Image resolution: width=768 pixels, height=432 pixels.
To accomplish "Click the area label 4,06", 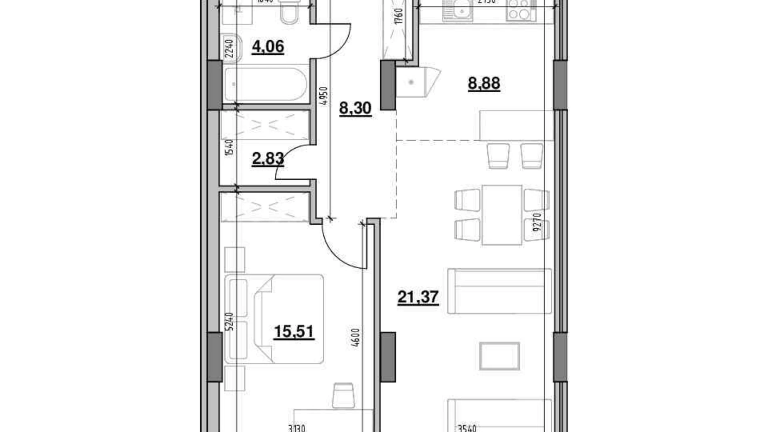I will click(x=268, y=47).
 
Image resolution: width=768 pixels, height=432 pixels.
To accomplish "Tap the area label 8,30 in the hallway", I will click(x=355, y=108).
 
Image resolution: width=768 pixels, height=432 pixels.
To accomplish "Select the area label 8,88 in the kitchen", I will click(x=484, y=83).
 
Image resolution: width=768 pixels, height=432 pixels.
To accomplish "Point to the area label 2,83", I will click(x=268, y=159).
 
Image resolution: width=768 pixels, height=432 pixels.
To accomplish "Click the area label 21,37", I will click(x=418, y=297).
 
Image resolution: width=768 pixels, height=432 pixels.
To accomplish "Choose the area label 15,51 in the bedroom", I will click(x=294, y=332).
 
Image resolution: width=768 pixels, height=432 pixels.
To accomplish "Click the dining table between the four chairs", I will click(x=501, y=215).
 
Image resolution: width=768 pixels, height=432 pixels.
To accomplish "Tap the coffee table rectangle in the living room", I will click(x=499, y=356).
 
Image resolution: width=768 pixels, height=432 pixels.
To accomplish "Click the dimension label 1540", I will click(x=230, y=147).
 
